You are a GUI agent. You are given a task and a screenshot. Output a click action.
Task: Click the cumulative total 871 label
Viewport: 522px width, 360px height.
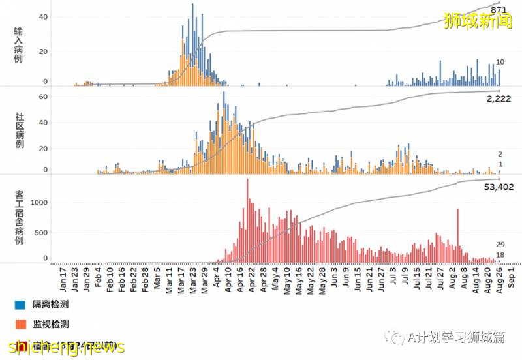[499, 10]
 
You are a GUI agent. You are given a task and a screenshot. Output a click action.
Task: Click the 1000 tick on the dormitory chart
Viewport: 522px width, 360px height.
[39, 203]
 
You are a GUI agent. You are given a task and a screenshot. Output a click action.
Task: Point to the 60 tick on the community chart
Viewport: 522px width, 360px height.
[44, 97]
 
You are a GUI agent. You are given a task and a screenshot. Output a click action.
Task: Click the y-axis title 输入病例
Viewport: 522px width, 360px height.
[19, 46]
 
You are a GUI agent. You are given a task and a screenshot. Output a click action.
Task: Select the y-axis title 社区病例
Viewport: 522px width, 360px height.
[19, 130]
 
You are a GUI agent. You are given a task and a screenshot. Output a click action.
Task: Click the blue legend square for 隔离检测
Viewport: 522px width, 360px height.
[20, 305]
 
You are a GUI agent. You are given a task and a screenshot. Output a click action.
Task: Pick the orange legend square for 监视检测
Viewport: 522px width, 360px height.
[20, 324]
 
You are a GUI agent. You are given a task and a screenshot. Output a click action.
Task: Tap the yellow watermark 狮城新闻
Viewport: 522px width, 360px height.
[478, 22]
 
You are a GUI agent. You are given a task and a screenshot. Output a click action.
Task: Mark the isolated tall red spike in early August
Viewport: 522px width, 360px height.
[458, 235]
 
